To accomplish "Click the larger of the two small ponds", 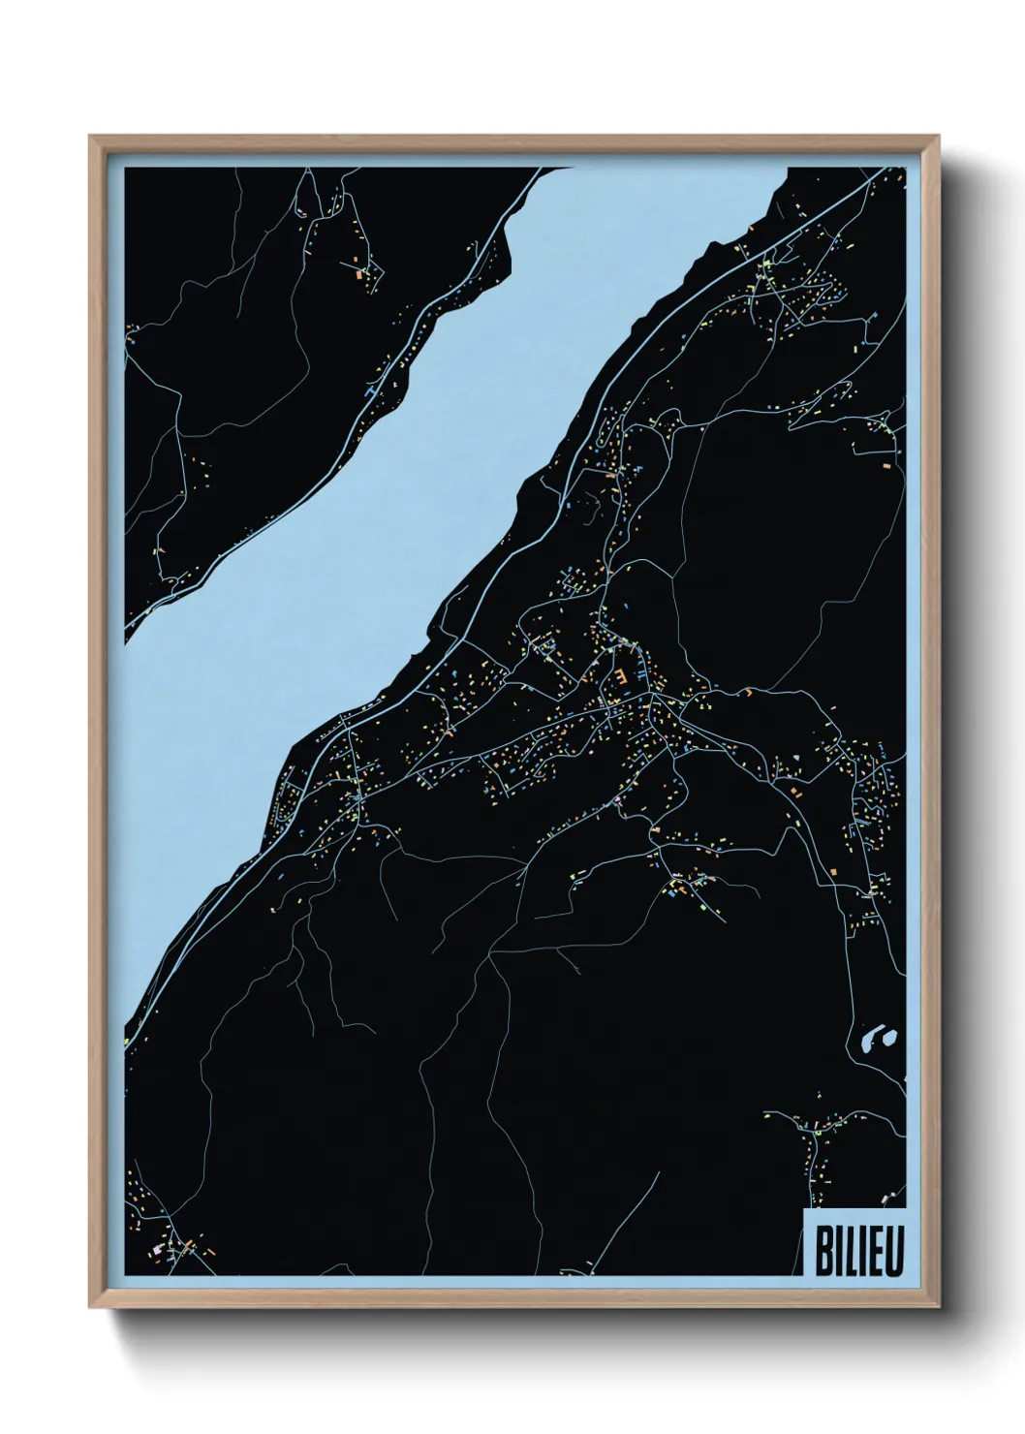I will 869,1044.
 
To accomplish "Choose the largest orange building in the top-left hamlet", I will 357,275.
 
